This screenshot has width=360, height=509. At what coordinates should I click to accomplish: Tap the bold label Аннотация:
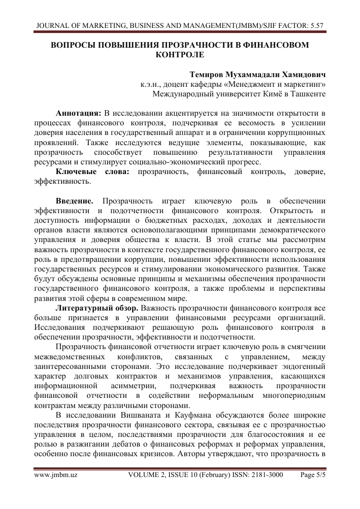coord(79,113)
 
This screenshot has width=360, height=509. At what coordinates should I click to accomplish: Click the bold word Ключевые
coord(76,172)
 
